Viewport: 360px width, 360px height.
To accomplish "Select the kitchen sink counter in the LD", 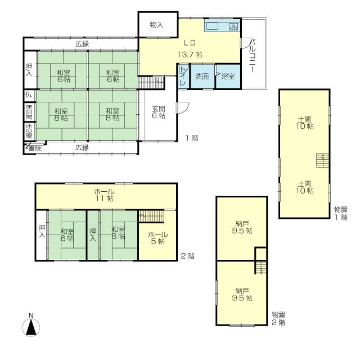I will [223, 27].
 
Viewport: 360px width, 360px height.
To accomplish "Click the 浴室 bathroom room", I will [228, 76].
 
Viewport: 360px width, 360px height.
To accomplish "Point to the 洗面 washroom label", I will [202, 76].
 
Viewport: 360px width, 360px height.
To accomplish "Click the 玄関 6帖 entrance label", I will [159, 112].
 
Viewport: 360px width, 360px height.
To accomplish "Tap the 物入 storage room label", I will [156, 25].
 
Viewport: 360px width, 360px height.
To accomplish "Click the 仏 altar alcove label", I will [28, 94].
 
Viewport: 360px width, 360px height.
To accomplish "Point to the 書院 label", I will [35, 148].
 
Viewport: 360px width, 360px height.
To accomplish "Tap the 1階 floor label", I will [191, 137].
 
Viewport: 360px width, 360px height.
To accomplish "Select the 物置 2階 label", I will [278, 319].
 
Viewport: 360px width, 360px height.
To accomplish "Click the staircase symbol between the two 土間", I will [321, 161].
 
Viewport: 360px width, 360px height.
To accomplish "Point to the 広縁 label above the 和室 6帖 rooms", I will [82, 44].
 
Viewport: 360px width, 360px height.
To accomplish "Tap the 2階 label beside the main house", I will [188, 256].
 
